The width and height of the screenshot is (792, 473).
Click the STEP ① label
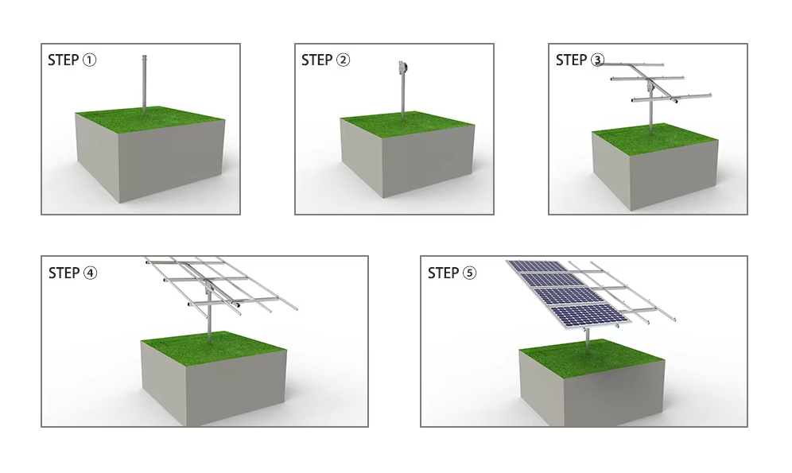coord(72,60)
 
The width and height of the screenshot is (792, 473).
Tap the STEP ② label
coord(325,60)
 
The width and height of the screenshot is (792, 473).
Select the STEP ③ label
coord(580,60)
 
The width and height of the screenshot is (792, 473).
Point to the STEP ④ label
coord(72,273)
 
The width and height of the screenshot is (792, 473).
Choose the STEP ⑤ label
coord(452,273)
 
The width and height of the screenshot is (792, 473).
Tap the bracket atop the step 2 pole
coord(402,68)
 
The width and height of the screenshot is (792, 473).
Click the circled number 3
coord(598,60)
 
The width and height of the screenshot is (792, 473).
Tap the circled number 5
coord(470,273)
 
